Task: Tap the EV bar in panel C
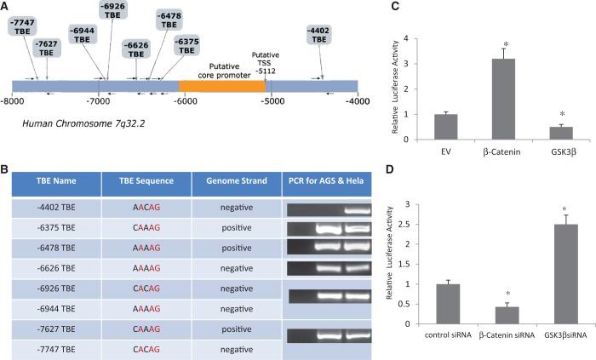pos(445,126)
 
